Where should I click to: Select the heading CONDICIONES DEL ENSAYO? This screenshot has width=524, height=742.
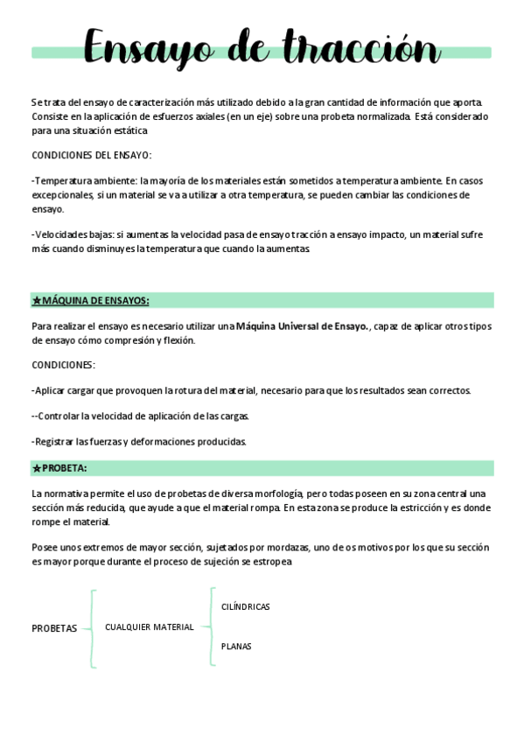click(x=91, y=156)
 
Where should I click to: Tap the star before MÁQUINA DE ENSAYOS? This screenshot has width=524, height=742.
click(x=37, y=301)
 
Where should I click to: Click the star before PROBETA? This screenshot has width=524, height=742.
click(x=37, y=468)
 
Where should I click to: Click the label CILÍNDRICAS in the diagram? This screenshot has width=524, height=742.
click(x=246, y=606)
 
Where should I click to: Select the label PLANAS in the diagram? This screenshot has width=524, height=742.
click(x=236, y=647)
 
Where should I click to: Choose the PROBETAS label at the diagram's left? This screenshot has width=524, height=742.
click(x=54, y=628)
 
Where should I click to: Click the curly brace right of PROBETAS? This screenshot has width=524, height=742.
click(x=91, y=628)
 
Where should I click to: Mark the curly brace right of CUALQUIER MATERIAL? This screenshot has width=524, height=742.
click(x=210, y=626)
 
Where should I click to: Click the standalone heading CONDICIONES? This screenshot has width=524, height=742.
click(x=63, y=365)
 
